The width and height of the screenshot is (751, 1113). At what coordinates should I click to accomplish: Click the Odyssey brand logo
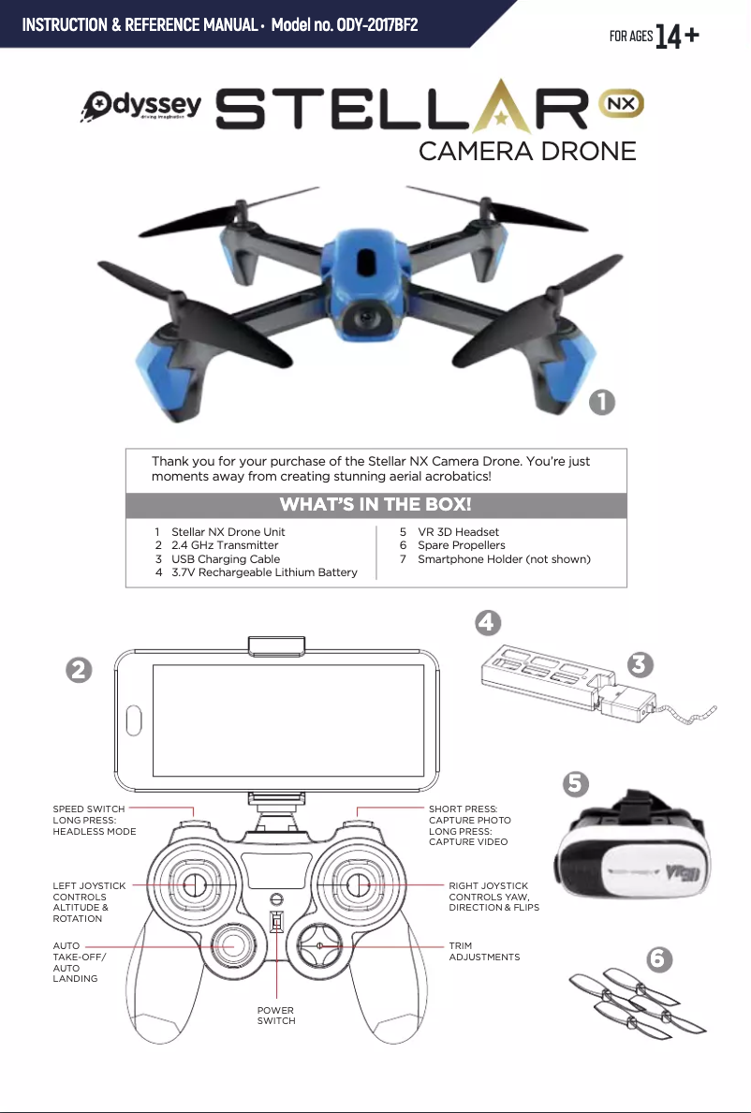click(x=141, y=107)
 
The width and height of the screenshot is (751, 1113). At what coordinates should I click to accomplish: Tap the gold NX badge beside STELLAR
click(x=621, y=106)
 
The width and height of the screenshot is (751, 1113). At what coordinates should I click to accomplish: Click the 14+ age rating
click(x=676, y=37)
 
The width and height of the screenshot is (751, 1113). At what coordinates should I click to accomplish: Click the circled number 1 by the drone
click(x=601, y=403)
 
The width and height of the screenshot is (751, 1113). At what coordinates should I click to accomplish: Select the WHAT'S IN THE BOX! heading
click(x=375, y=505)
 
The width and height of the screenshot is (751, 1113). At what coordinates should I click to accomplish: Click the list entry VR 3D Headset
click(x=458, y=531)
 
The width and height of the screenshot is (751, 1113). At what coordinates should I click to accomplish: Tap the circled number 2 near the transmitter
click(x=79, y=670)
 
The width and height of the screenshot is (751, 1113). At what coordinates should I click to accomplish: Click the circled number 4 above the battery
click(x=488, y=623)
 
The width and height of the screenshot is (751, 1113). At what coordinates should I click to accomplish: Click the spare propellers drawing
click(x=637, y=1002)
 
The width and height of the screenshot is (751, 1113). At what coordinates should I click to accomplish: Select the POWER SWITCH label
click(x=276, y=1016)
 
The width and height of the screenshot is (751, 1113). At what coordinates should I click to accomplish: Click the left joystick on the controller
click(x=193, y=885)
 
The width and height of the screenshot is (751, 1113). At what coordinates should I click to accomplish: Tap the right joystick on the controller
click(x=358, y=885)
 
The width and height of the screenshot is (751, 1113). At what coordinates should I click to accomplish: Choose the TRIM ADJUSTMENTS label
click(x=484, y=951)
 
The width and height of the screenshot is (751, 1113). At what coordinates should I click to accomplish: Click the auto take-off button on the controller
click(x=232, y=947)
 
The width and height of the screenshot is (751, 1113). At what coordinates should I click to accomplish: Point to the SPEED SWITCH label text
click(x=89, y=809)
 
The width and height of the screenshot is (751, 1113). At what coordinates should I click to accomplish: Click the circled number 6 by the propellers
click(x=659, y=959)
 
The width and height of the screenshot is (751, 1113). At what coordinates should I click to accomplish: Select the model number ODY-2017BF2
click(x=377, y=25)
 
